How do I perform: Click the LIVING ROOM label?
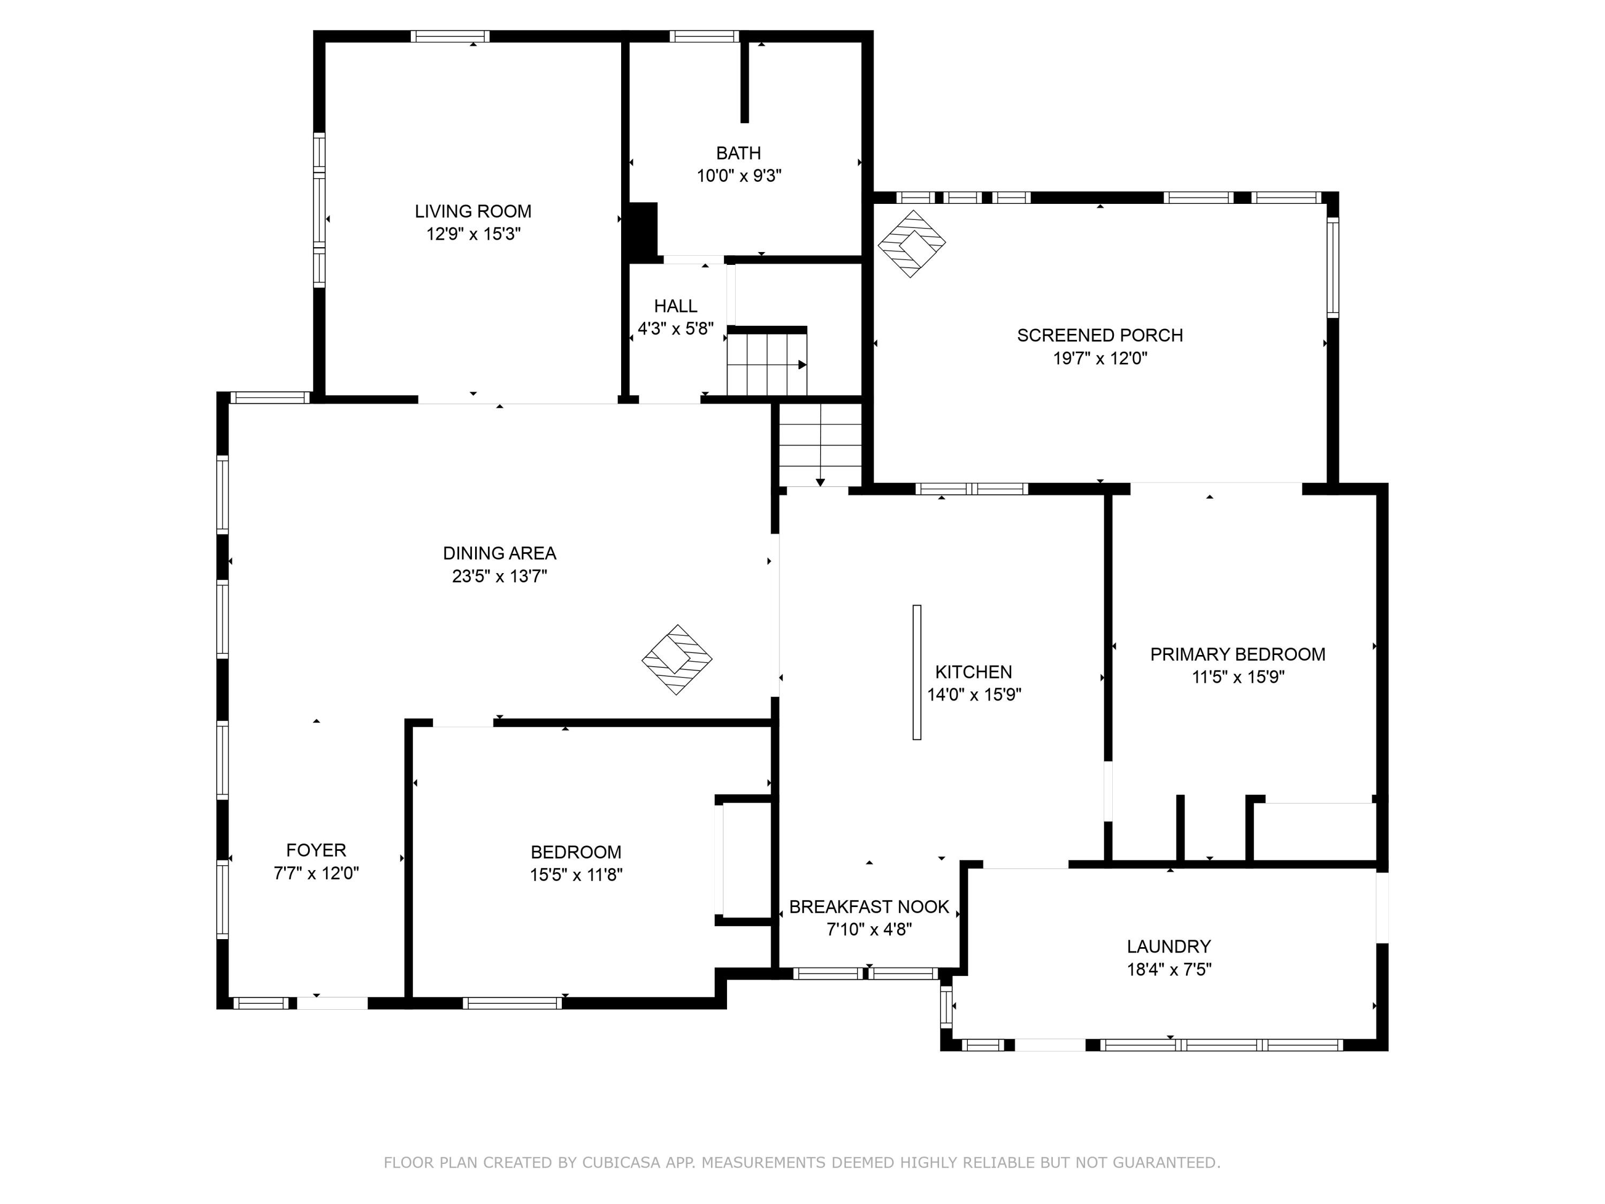pos(473,211)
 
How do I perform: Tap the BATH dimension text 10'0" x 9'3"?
pos(739,176)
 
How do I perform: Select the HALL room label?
pos(676,306)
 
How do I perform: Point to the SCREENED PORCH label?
pos(1100,336)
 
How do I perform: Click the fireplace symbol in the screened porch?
pos(911,244)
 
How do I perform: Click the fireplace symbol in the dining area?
pos(677,660)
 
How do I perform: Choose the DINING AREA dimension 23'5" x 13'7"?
pos(499,576)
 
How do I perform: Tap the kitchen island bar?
pos(916,672)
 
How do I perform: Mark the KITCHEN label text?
pos(973,672)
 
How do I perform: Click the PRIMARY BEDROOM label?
pos(1238,654)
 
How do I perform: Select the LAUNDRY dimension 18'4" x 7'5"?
pos(1169,970)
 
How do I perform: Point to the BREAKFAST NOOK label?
pos(869,906)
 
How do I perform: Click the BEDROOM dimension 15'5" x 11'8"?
pos(576,874)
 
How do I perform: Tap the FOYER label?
pos(316,850)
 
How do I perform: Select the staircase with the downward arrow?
pos(821,446)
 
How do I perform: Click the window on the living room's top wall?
pos(450,36)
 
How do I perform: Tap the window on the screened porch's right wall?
pos(1333,267)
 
